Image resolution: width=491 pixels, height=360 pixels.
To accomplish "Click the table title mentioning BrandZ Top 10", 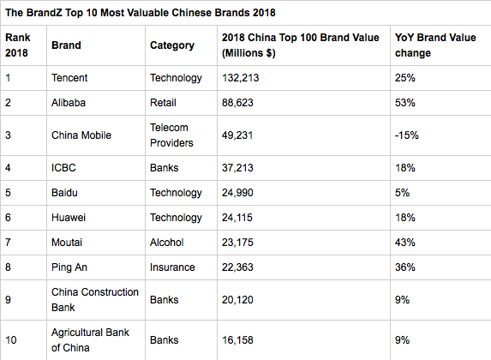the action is click(141, 13).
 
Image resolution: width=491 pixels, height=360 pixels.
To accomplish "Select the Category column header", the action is click(172, 45).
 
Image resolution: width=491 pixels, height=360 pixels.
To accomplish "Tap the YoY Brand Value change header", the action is click(435, 45).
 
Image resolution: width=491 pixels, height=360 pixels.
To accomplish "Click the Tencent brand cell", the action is click(69, 78).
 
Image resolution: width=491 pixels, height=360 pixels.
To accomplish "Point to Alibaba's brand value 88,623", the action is click(237, 103).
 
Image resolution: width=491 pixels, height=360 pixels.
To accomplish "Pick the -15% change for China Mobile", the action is click(406, 135).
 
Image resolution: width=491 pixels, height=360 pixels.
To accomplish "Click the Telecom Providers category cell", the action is click(171, 135).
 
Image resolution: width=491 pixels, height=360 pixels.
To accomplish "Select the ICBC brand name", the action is click(63, 168).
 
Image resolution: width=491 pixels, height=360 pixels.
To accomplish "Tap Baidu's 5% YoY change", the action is click(402, 193).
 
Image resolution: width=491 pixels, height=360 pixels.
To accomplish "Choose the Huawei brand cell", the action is click(69, 218).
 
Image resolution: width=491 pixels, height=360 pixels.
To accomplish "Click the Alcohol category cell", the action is click(166, 243).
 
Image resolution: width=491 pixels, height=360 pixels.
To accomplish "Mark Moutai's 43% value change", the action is click(405, 243).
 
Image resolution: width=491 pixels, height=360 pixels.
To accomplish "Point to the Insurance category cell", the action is click(172, 267).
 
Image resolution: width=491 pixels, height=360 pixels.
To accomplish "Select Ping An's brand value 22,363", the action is click(237, 267).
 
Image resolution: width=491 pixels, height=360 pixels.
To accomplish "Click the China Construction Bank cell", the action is click(95, 300).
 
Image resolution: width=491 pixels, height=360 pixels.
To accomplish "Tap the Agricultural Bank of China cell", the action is click(90, 340).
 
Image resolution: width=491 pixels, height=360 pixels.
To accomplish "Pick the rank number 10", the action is click(10, 340).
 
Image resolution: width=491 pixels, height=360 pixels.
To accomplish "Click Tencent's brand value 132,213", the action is click(241, 78).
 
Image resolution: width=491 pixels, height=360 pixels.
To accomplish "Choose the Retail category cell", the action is click(163, 103).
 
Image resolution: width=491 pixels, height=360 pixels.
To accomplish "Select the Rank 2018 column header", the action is click(17, 45).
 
